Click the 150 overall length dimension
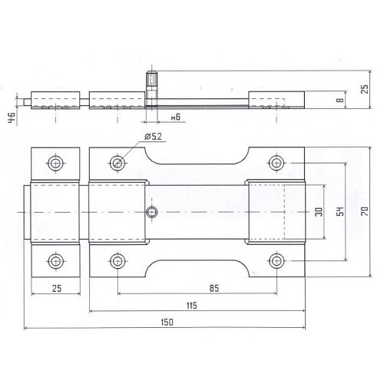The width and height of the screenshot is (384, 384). click(167, 322)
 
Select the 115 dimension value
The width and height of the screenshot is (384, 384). click(192, 306)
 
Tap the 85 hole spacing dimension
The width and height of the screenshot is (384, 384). click(214, 288)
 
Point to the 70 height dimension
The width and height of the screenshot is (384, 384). click(365, 211)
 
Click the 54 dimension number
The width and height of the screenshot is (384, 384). click(340, 211)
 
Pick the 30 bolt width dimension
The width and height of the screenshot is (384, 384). click(319, 212)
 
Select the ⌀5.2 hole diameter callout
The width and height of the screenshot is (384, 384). click(153, 137)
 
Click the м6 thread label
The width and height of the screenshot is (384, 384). click(176, 117)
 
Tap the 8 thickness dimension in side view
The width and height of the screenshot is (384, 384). click(340, 100)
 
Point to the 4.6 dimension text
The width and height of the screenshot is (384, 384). click(12, 118)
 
